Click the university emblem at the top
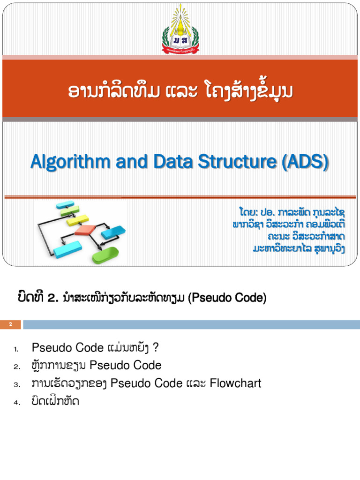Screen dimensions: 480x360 (180, 29)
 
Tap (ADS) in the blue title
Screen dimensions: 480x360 (305, 162)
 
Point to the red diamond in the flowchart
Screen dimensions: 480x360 (85, 230)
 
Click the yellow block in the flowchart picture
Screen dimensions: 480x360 (78, 219)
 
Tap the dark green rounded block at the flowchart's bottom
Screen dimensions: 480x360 (105, 256)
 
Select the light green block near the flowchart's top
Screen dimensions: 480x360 (70, 211)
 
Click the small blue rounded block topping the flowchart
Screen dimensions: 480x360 (65, 204)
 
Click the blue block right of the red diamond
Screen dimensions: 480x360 (113, 232)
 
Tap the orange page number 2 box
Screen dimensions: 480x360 (10, 324)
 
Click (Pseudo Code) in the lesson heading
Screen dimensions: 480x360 (227, 298)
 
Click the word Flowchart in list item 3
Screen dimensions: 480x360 (235, 383)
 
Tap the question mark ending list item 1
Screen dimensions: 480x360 (156, 348)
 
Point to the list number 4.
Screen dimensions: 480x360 (16, 402)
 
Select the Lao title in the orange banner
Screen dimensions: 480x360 (180, 92)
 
